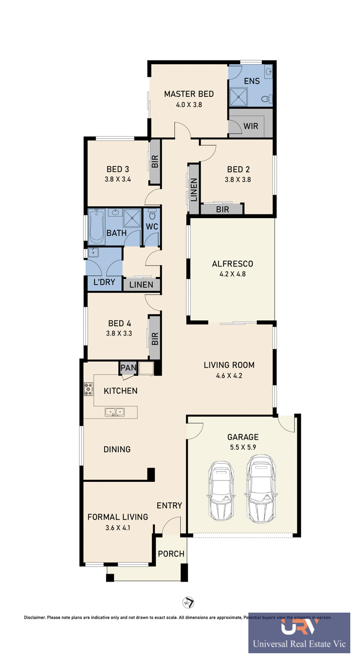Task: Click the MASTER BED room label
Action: click(x=189, y=94)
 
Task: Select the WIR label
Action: click(x=250, y=126)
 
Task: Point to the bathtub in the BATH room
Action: click(x=96, y=227)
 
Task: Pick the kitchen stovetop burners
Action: click(x=88, y=389)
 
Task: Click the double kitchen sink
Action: click(x=114, y=412)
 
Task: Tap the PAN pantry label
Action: click(x=129, y=368)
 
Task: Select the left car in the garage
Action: click(x=221, y=491)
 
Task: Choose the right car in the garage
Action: click(x=261, y=489)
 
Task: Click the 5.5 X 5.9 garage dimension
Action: click(x=243, y=447)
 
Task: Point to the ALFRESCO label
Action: click(x=232, y=264)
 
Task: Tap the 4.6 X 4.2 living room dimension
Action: click(x=229, y=376)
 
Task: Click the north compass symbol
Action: click(x=188, y=603)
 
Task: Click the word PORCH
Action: click(x=171, y=554)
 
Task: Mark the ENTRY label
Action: click(x=169, y=506)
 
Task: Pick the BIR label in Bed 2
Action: click(x=223, y=210)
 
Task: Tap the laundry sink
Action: click(x=93, y=252)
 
